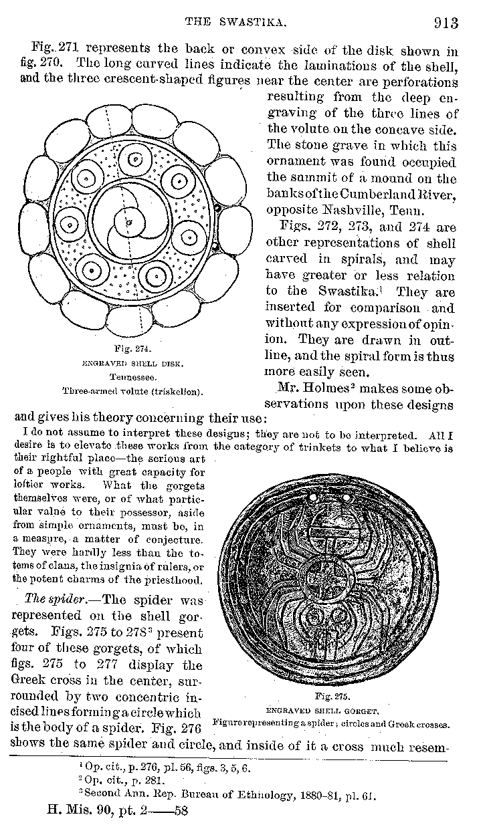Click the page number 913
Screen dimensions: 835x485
click(446, 23)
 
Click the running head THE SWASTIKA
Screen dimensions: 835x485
click(235, 23)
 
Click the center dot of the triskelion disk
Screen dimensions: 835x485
click(129, 222)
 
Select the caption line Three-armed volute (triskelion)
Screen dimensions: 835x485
click(132, 390)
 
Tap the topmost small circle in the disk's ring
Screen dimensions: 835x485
click(136, 160)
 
